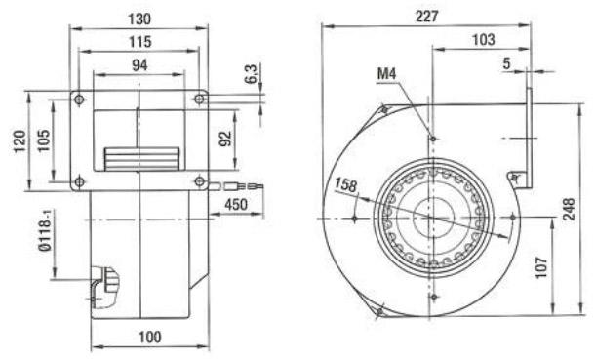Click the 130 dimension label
[x=139, y=19]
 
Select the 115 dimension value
[x=140, y=42]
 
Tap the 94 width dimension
[x=139, y=65]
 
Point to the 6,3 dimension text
[x=251, y=73]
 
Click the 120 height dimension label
[x=20, y=141]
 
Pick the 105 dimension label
[x=44, y=140]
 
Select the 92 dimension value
[x=225, y=139]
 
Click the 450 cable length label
[x=236, y=205]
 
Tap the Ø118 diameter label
[x=45, y=232]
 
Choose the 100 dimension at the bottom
[x=150, y=337]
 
